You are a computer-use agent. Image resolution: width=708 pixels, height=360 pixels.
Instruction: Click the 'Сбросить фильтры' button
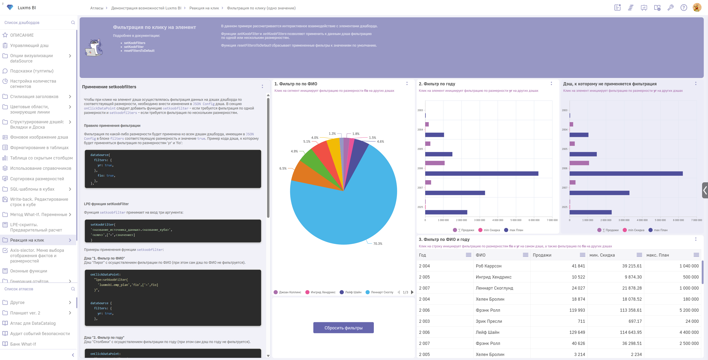[x=343, y=328]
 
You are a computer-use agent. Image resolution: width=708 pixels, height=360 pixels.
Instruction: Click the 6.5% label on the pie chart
[x=283, y=168]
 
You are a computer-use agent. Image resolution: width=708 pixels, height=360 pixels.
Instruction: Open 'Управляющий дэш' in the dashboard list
[x=29, y=45]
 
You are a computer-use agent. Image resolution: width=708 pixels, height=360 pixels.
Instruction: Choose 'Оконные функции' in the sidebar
[x=29, y=271]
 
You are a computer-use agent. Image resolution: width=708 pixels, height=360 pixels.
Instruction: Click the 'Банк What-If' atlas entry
[x=23, y=344]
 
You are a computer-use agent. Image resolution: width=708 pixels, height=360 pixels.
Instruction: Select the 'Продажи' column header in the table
[x=542, y=255]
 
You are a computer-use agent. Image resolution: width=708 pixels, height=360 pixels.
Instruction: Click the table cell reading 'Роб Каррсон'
[x=488, y=266]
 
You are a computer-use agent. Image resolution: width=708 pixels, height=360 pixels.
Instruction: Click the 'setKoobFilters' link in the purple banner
[x=134, y=43]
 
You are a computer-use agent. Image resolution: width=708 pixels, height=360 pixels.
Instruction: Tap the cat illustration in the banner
[x=94, y=48]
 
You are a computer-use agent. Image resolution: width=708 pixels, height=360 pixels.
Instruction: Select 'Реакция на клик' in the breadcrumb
[x=204, y=8]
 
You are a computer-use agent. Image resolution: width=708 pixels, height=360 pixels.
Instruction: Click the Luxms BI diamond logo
[x=10, y=7]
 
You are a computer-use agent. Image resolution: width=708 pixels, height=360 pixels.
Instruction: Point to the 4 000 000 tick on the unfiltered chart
[x=642, y=220]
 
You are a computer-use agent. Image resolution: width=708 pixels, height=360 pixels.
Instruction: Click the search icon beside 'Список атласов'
[x=73, y=289]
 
